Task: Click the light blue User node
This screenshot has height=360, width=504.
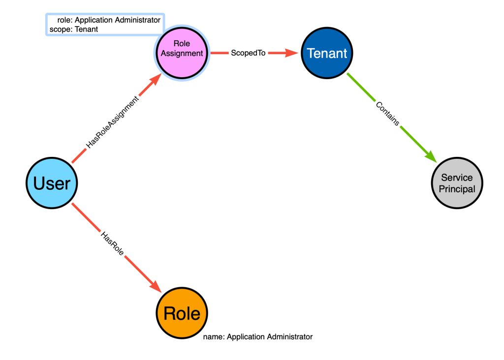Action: click(52, 183)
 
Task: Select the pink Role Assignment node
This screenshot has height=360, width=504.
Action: click(182, 53)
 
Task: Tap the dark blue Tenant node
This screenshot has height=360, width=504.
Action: click(327, 53)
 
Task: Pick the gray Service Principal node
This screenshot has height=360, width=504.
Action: click(457, 183)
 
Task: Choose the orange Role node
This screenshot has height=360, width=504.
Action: click(182, 313)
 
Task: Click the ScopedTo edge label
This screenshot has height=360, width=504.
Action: click(248, 53)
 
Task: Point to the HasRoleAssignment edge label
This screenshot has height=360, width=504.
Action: click(113, 122)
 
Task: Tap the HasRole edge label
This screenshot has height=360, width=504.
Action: click(112, 244)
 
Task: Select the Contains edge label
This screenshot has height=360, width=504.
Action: click(388, 114)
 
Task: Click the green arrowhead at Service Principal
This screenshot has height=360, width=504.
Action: click(431, 157)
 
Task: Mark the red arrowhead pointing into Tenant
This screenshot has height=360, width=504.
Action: click(292, 53)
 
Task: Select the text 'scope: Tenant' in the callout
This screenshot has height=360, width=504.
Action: click(74, 29)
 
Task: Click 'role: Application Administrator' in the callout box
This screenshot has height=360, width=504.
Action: click(109, 20)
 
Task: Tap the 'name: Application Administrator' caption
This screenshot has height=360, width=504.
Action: click(258, 336)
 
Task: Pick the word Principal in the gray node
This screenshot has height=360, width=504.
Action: click(457, 189)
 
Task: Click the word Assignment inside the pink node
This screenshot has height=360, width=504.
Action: click(182, 53)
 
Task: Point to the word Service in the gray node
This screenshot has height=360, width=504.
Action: click(457, 178)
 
